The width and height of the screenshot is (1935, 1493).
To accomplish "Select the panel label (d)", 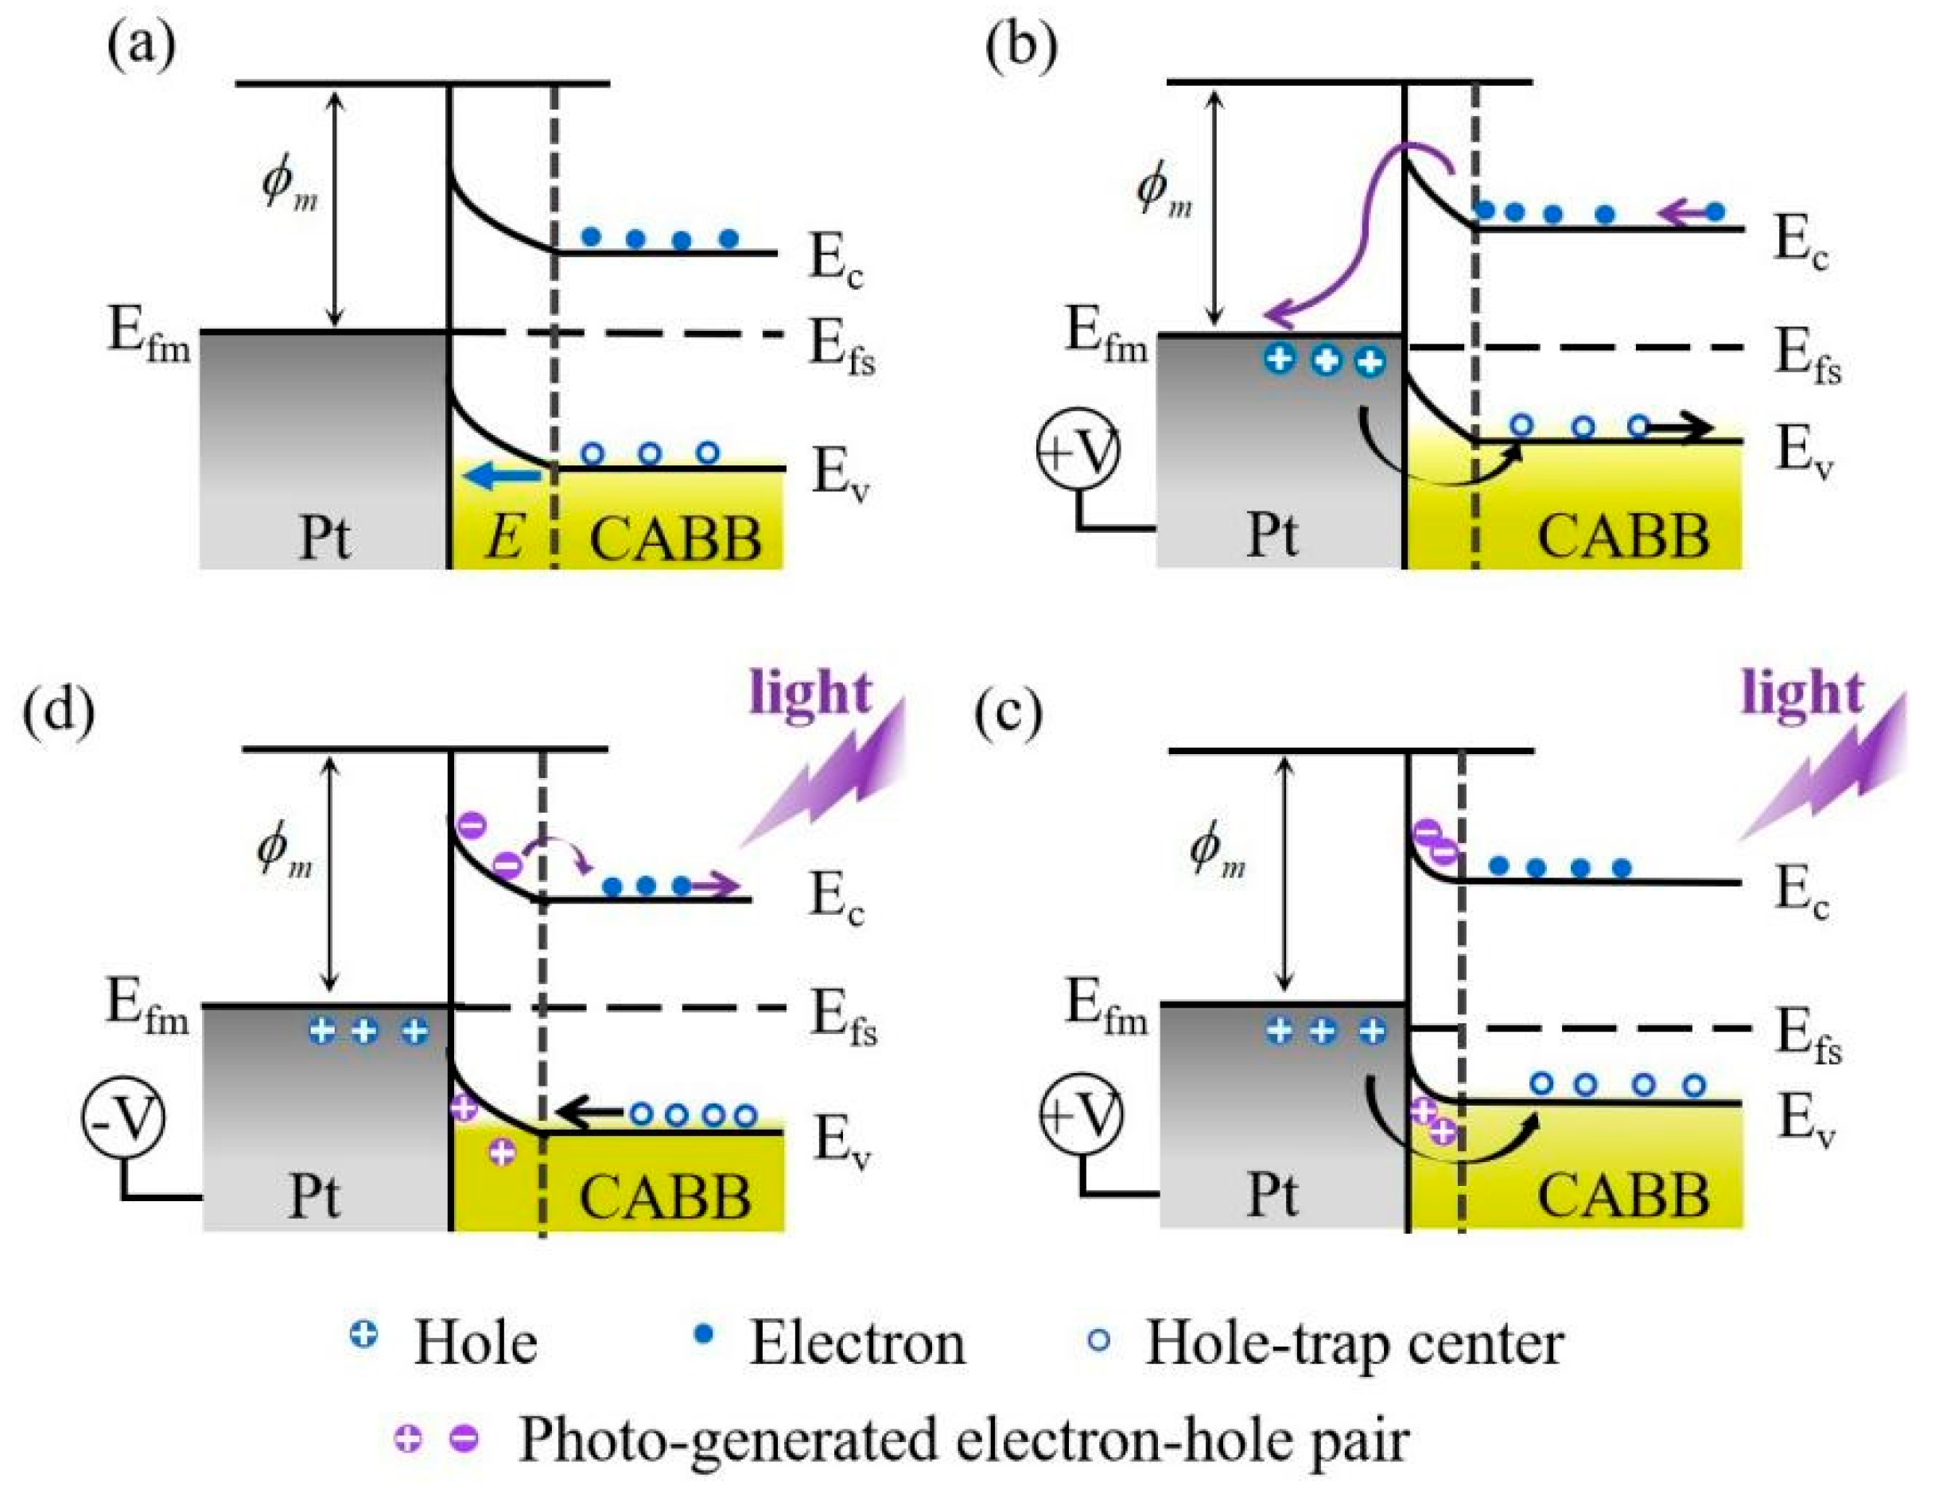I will pyautogui.click(x=60, y=713).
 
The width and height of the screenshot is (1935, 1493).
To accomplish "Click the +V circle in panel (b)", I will pyautogui.click(x=1078, y=451).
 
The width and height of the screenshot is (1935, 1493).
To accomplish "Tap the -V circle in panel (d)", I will pyautogui.click(x=124, y=1119).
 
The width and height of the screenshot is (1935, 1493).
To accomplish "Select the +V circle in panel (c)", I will pyautogui.click(x=1078, y=1114).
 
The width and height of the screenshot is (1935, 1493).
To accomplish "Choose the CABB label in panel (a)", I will pyautogui.click(x=675, y=538).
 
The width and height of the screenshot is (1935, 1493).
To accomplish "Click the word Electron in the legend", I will pyautogui.click(x=857, y=1343).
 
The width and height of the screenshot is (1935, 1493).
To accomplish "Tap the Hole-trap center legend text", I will pyautogui.click(x=1354, y=1343).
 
